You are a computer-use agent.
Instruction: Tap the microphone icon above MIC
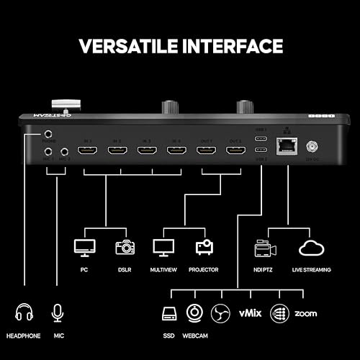pyautogui.click(x=57, y=314)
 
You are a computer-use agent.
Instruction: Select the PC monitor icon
pyautogui.click(x=84, y=248)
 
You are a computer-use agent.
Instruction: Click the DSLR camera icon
pyautogui.click(x=125, y=247)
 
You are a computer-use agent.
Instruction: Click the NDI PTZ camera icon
pyautogui.click(x=264, y=248)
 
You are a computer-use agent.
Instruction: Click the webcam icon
pyautogui.click(x=194, y=314)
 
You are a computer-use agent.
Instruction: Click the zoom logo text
pyautogui.click(x=306, y=315)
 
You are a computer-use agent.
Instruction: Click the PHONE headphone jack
pyautogui.click(x=49, y=134)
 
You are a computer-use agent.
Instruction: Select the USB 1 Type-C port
pyautogui.click(x=261, y=139)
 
